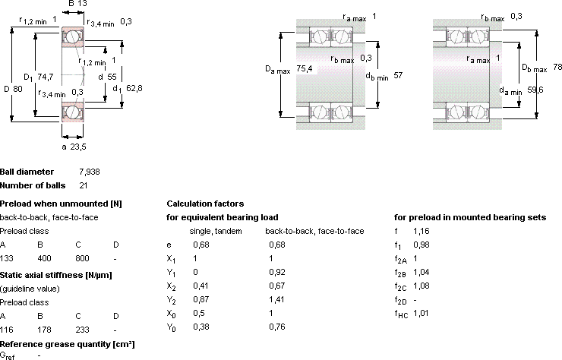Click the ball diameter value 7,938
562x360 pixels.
point(90,172)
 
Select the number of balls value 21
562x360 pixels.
point(83,186)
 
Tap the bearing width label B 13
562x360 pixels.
point(77,4)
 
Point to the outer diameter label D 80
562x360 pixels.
point(13,89)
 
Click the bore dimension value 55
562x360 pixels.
point(112,77)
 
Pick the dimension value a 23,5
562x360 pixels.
point(74,147)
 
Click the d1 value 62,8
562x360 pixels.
point(134,88)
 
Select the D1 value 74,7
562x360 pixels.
point(45,77)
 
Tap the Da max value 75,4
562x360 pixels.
point(305,68)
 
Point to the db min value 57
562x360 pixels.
point(398,75)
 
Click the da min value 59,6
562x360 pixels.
point(535,90)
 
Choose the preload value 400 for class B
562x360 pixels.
point(44,258)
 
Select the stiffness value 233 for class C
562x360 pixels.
point(83,330)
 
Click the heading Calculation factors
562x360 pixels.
point(205,204)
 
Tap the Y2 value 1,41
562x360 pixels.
point(276,299)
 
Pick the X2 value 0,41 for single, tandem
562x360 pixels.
point(200,286)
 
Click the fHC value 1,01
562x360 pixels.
point(421,313)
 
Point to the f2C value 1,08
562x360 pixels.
point(421,286)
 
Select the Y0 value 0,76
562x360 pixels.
point(277,327)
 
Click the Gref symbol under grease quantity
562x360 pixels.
point(7,356)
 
